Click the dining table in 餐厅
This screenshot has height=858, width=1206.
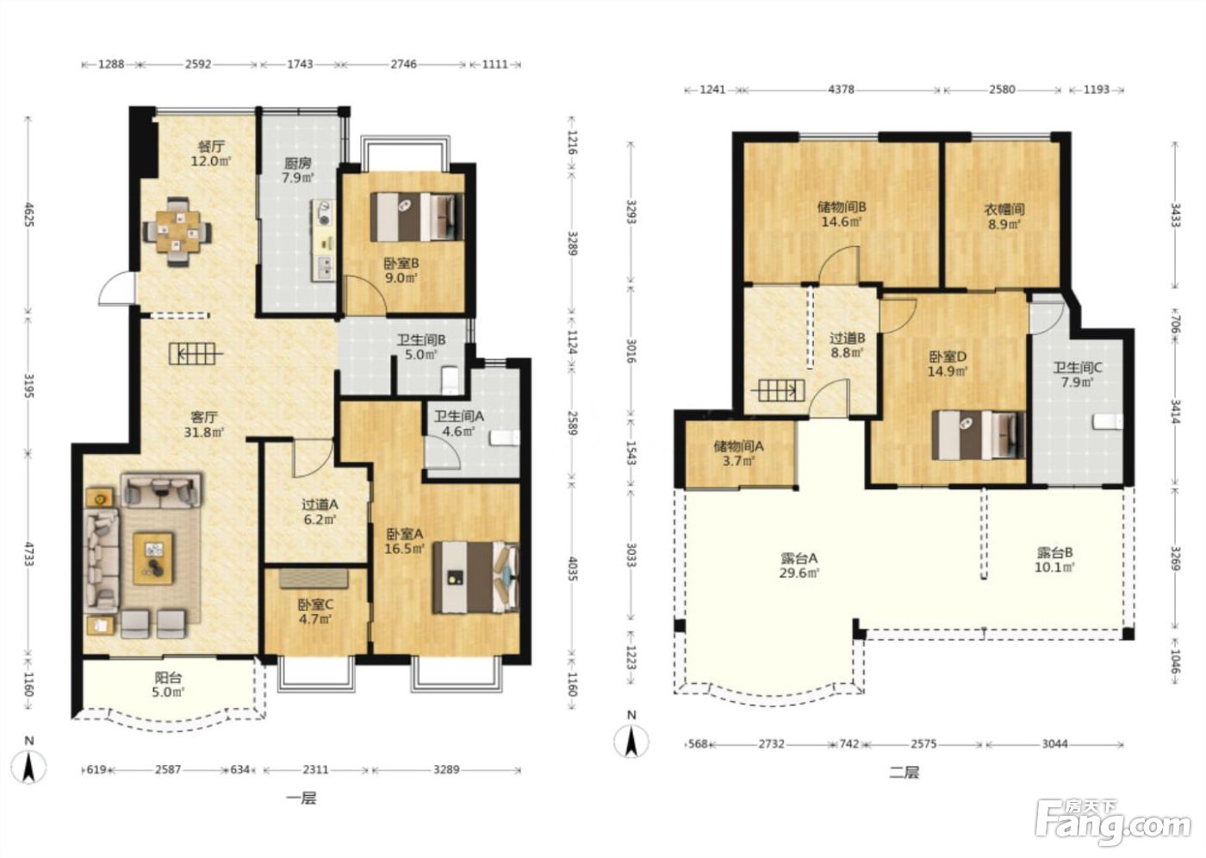(177, 232)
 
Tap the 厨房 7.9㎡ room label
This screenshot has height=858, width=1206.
(298, 170)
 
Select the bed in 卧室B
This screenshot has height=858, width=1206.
(416, 217)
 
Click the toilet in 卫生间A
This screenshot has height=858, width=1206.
(504, 437)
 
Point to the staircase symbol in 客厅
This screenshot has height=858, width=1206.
(196, 354)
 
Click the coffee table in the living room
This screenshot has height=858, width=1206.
(153, 559)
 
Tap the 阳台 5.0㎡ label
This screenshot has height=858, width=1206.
(169, 685)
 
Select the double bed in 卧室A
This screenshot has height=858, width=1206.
(476, 577)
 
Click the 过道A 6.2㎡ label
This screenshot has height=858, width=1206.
(320, 512)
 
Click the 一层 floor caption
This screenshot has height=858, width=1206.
(301, 798)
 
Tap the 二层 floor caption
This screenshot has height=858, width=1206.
(904, 773)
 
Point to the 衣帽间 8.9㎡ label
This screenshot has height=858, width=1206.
(1004, 216)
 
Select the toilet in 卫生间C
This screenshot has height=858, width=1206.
(1108, 421)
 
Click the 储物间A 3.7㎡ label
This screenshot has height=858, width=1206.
(738, 453)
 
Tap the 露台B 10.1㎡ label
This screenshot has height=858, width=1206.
(1054, 560)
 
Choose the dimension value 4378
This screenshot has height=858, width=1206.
(841, 90)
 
